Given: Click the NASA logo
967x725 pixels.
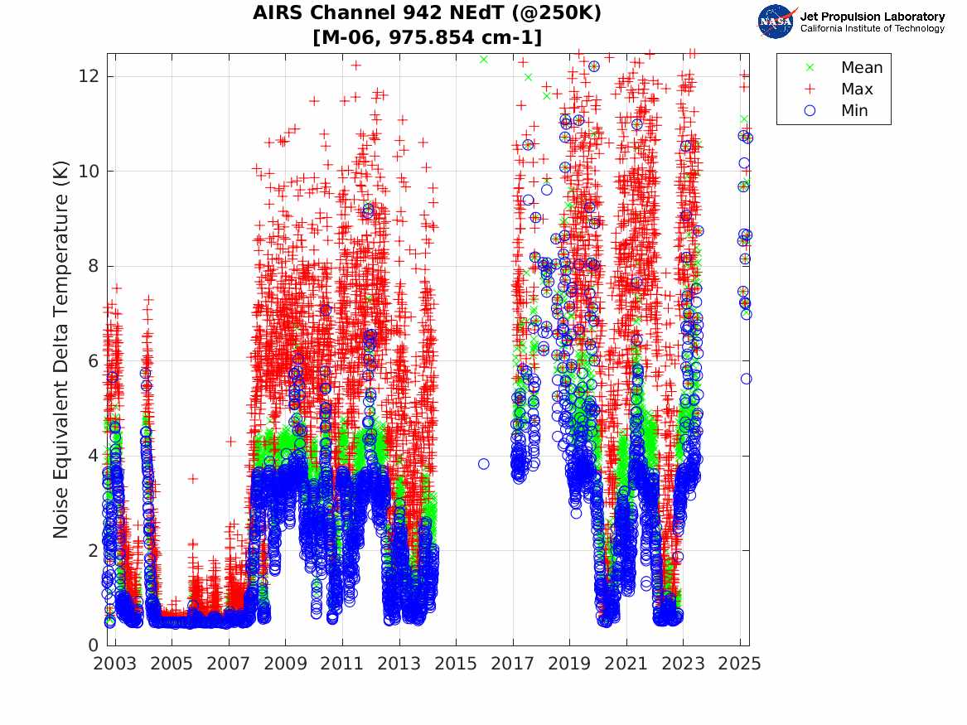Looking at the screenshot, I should point(777,22).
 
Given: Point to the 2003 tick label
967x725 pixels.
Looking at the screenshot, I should point(114,664).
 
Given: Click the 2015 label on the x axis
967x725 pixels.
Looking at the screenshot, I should point(456,664).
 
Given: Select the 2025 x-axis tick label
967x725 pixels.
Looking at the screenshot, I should point(740,664).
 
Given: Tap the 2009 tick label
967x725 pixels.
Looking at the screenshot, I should point(285,664).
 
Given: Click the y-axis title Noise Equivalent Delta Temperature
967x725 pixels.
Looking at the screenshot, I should point(61,357).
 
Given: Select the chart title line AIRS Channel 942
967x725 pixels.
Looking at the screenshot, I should point(428,13).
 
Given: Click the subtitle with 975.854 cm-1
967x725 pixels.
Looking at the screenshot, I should point(428,37).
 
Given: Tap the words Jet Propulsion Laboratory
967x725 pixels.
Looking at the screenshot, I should point(872,17).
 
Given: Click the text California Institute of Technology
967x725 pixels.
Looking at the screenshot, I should point(872,29).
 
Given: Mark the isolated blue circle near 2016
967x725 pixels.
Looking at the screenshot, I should point(484,464).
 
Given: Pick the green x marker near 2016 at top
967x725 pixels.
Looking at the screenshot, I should point(484,60).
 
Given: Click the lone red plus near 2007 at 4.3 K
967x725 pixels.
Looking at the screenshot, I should point(230,441).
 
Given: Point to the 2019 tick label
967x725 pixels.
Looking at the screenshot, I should point(569,664).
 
